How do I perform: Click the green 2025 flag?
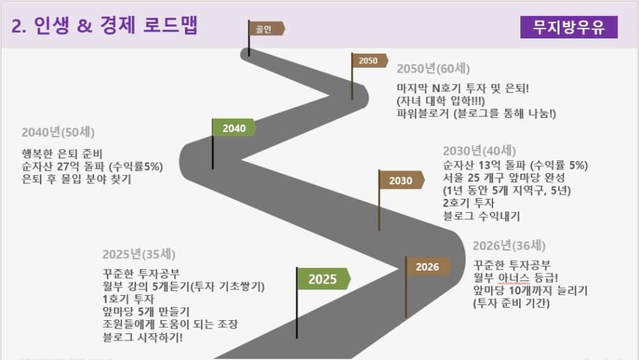324,279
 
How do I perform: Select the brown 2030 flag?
402,180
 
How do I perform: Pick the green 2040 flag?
234,128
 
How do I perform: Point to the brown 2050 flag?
369,61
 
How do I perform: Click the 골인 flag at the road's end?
266,29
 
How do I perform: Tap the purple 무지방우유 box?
569,27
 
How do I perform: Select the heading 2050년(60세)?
433,68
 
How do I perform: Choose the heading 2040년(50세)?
58,132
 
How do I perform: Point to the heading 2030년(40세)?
479,151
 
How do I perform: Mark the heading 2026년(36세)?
509,246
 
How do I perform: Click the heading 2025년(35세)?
139,254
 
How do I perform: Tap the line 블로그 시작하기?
142,337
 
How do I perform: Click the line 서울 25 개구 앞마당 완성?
504,177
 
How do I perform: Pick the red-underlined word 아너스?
513,278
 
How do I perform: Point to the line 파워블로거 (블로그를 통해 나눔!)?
476,113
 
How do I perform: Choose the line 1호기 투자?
128,299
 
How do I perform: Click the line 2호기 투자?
469,202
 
